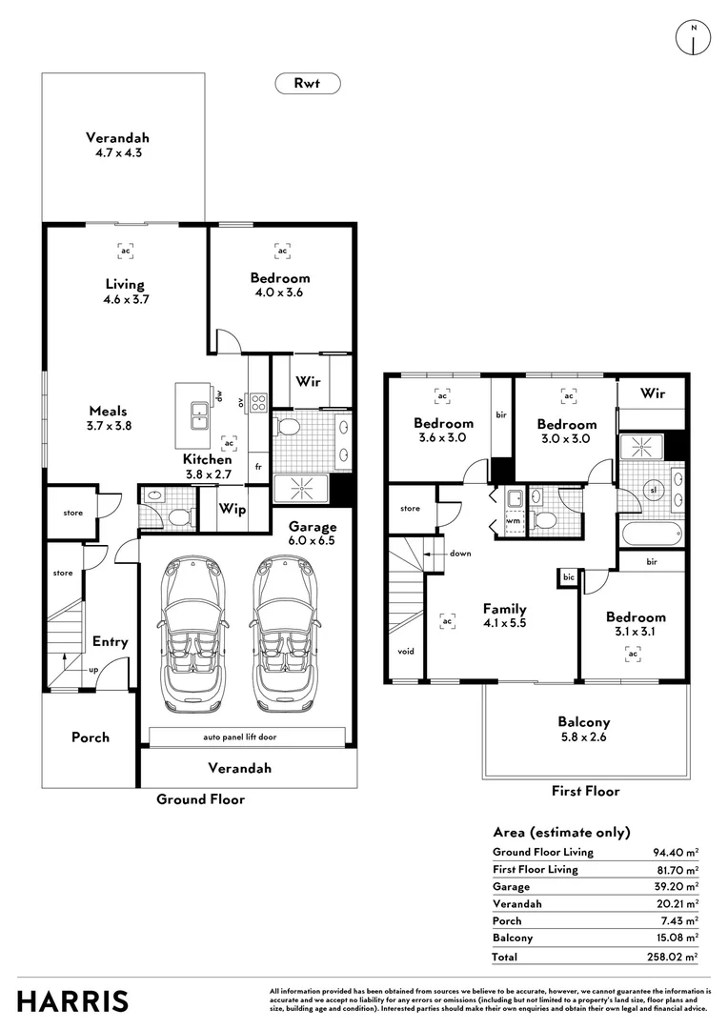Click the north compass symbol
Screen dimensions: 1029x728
[694, 37]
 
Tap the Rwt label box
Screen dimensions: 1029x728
[308, 84]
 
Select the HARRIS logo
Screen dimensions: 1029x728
[71, 1001]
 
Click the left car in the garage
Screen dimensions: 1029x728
[196, 634]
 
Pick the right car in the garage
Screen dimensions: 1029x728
[287, 634]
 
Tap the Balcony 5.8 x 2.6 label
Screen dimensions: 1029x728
[584, 729]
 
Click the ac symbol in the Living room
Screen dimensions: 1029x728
[125, 251]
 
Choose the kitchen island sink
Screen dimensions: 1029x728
[200, 416]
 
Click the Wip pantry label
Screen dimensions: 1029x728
[233, 510]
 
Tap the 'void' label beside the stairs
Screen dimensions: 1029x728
[405, 653]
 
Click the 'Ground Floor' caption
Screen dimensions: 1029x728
[200, 799]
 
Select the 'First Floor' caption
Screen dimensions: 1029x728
[585, 791]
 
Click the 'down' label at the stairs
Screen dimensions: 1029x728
[461, 553]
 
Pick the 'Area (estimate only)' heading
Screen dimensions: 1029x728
[561, 832]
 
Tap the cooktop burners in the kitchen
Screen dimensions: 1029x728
[257, 403]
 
